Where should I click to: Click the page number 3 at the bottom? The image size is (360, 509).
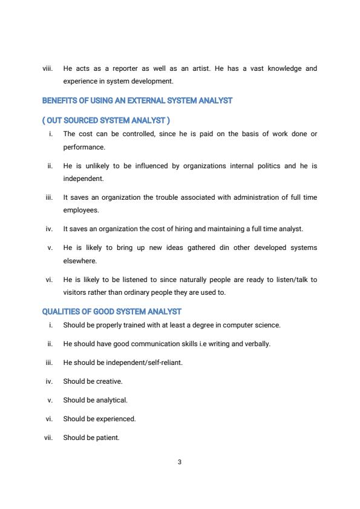tap(180, 462)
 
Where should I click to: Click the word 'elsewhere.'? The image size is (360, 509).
tap(80, 261)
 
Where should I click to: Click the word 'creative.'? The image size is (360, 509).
tap(109, 381)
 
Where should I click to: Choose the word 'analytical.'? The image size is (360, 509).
tap(112, 400)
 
